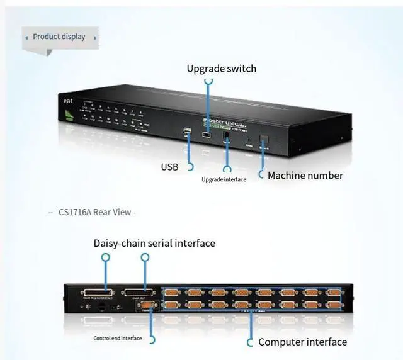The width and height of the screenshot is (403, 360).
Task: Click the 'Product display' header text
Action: pos(59,37)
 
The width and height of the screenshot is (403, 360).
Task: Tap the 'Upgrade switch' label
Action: pos(221,68)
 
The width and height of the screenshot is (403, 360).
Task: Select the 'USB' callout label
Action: pos(169,167)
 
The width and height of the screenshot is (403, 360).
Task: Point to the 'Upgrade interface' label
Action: pos(224,179)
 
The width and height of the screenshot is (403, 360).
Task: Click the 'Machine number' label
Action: pos(305,176)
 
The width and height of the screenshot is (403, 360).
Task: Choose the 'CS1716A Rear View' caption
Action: pos(95,212)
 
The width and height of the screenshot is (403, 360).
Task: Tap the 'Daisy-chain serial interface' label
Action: pos(154,243)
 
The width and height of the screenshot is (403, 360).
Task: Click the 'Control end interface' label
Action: pos(118,339)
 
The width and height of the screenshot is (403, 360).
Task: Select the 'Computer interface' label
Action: pos(302,342)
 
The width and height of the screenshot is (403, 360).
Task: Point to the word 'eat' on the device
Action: pos(68,101)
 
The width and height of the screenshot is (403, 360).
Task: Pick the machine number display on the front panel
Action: pos(264,141)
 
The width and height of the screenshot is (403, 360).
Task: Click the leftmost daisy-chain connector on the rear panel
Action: pos(96,293)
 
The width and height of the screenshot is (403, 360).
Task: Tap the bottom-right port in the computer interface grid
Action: pos(332,305)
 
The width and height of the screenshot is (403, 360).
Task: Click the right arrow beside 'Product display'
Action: pos(95,37)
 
